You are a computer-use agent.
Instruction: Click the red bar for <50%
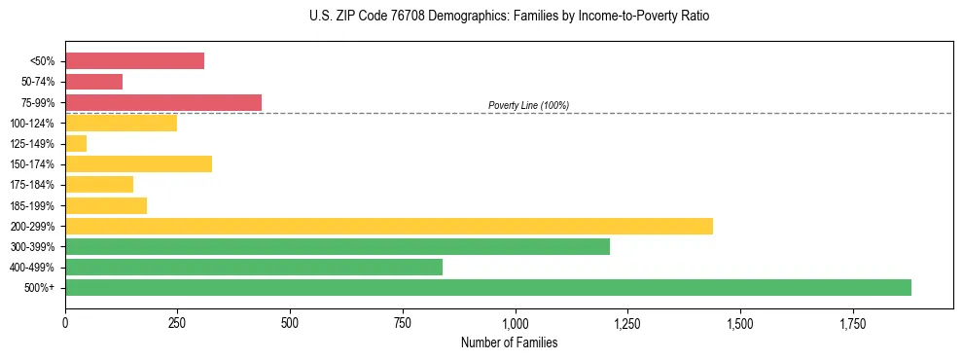tap(134, 61)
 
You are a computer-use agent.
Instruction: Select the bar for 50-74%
tap(93, 82)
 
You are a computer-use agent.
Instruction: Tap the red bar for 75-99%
tap(163, 102)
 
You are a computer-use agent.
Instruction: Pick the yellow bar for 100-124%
tap(121, 123)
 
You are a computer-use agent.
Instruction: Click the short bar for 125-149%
tap(76, 143)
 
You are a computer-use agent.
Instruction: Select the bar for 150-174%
tap(138, 163)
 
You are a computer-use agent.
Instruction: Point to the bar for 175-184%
tap(99, 184)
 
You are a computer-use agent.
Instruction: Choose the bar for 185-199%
tap(106, 205)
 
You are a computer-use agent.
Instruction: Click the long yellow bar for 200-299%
tap(389, 226)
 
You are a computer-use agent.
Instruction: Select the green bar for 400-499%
tap(254, 267)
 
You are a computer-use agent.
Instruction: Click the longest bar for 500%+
tap(488, 287)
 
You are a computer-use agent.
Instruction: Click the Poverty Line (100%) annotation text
tap(528, 105)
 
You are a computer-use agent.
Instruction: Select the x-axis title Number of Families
tap(509, 342)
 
